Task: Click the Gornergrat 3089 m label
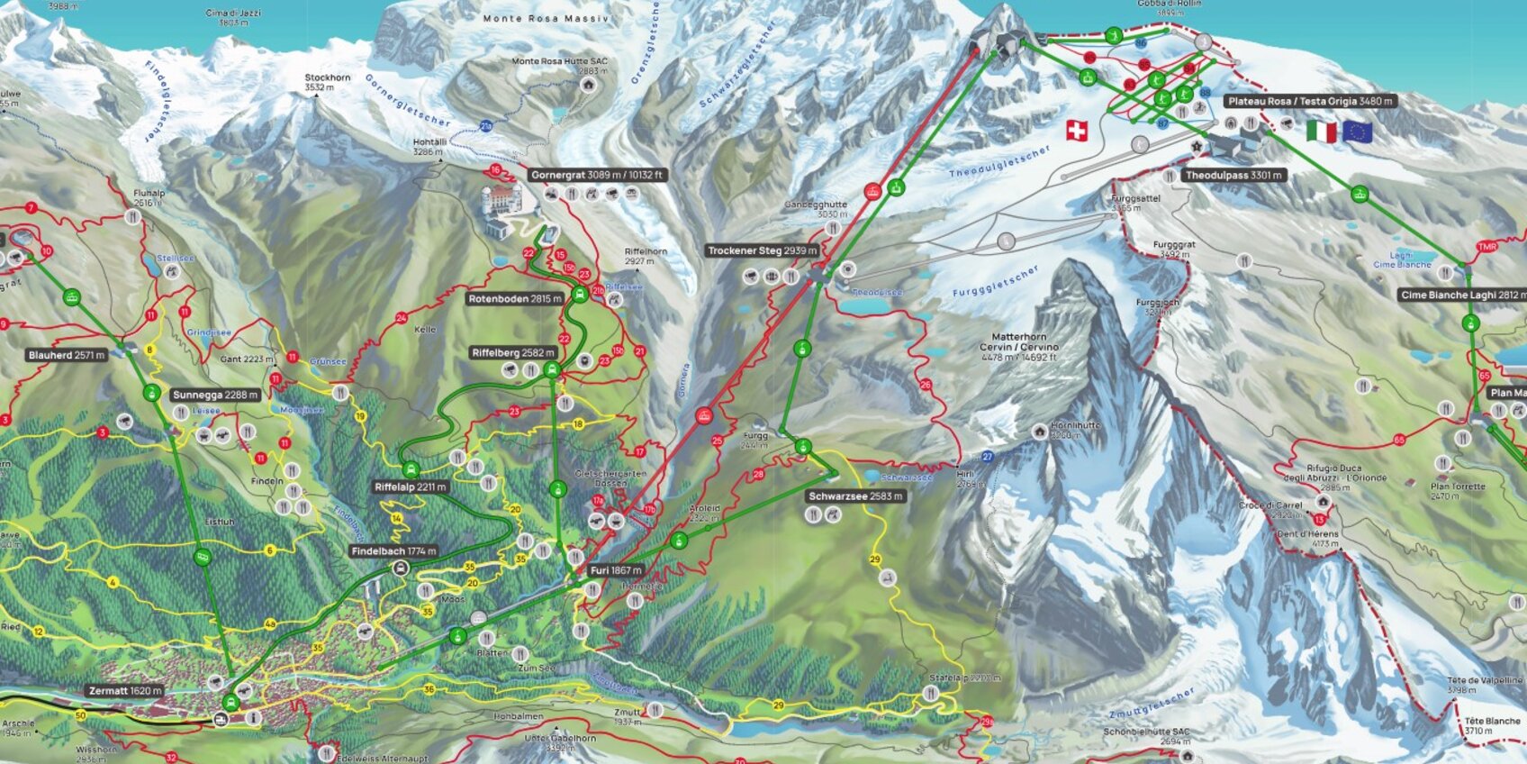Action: tap(597, 175)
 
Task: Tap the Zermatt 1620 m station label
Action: tap(125, 691)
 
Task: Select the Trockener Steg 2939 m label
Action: tap(762, 250)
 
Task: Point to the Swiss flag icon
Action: tap(1076, 131)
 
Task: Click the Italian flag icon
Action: tap(1321, 132)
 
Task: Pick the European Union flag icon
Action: tap(1357, 132)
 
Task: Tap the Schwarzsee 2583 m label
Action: tap(855, 496)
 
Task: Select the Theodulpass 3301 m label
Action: tap(1233, 175)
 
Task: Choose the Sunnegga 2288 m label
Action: tap(215, 395)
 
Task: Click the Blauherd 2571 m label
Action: tap(67, 355)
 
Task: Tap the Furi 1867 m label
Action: tap(616, 570)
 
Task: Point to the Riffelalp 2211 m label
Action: tap(411, 487)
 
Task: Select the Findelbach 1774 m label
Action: tap(393, 550)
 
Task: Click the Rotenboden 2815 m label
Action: tap(515, 298)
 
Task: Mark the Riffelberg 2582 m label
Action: tap(513, 352)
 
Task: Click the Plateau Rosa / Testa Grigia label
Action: tap(1310, 101)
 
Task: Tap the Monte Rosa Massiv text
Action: tap(546, 18)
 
